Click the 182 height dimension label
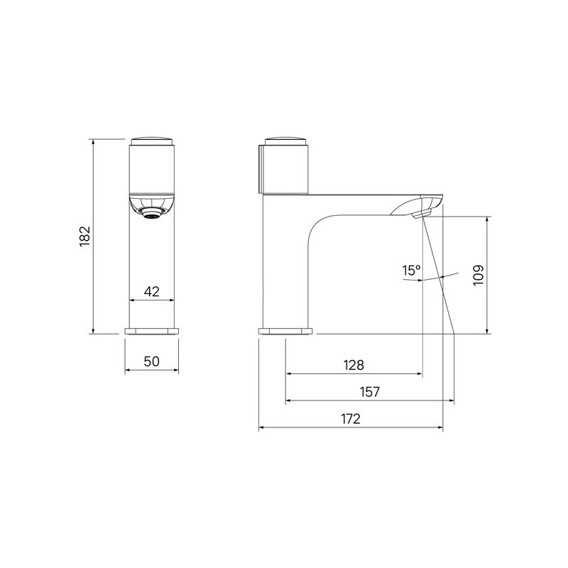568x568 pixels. (x=84, y=236)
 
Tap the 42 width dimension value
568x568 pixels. (x=151, y=291)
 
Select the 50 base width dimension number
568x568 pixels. (x=151, y=361)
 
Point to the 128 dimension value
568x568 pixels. (x=354, y=365)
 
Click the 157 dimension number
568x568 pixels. (x=369, y=392)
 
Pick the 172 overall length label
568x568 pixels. (x=351, y=418)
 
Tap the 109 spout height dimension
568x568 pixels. (x=479, y=275)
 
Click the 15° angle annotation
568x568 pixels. (x=411, y=271)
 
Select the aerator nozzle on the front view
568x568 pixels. (x=152, y=214)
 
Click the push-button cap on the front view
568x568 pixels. (x=152, y=141)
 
